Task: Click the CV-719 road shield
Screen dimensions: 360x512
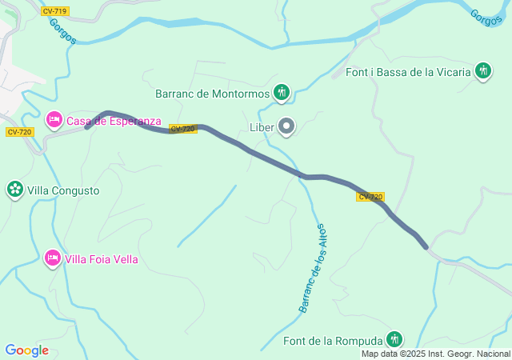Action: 54,11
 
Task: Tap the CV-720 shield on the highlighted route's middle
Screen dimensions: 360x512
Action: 183,129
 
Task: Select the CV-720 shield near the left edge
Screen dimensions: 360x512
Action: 18,132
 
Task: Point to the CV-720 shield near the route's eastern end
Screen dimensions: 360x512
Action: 370,197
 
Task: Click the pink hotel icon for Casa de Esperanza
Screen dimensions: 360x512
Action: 54,121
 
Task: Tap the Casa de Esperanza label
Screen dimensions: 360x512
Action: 114,122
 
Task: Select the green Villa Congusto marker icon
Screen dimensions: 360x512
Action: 14,190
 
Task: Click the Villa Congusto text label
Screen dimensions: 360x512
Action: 63,191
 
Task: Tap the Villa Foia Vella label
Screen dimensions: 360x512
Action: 102,259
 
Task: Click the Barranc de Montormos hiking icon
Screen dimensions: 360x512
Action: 281,93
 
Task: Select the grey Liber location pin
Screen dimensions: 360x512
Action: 286,126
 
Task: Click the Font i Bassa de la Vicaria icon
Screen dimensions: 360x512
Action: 483,72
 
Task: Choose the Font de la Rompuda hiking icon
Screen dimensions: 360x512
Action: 394,340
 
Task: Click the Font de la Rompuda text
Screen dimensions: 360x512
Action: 334,342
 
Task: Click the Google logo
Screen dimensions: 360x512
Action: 26,350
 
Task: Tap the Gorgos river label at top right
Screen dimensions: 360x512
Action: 486,17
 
